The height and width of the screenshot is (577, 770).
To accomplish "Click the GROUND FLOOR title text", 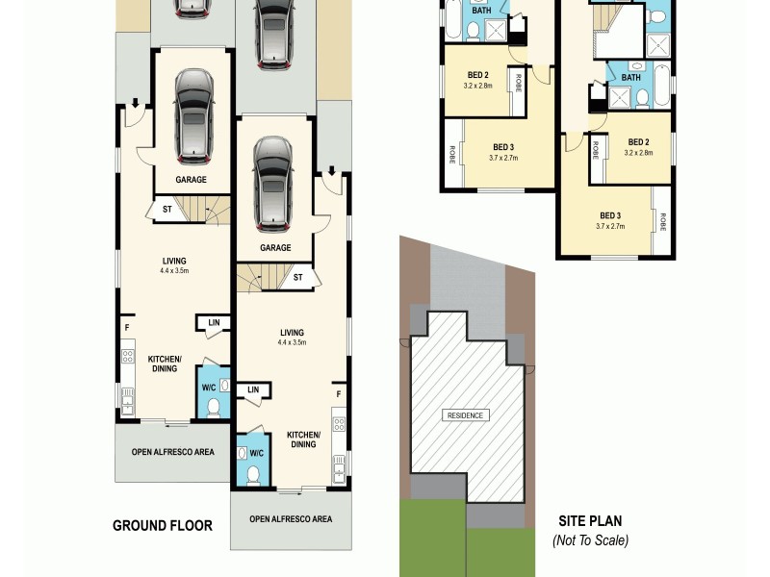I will pos(162,525).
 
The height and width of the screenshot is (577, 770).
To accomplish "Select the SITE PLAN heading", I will pos(590,521).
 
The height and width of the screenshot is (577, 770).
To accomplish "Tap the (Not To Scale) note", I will pos(590,540).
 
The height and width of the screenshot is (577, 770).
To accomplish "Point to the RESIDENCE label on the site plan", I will pos(466,415).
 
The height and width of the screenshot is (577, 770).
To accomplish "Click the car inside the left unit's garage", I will pos(192,115).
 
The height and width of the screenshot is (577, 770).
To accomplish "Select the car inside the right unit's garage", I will pos(273,183).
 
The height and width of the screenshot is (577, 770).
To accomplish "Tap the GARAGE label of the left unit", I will pos(192,180).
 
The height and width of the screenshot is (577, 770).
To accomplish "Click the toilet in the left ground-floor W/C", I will pos(213,406).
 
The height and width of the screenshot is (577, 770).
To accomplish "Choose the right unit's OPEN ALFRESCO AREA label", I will pos(291,519).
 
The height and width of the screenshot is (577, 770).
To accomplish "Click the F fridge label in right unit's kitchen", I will pos(338,394).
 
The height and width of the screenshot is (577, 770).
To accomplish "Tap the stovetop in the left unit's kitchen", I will pos(126,358).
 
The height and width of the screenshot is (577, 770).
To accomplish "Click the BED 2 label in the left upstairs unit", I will pos(479,75).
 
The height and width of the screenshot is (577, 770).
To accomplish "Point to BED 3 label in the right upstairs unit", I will pos(610,215).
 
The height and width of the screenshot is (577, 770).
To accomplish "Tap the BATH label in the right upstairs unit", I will pos(631,78).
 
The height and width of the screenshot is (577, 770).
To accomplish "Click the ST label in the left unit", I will pos(167,209).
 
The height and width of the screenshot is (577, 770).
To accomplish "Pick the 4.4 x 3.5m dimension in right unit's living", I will pos(292,342).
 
